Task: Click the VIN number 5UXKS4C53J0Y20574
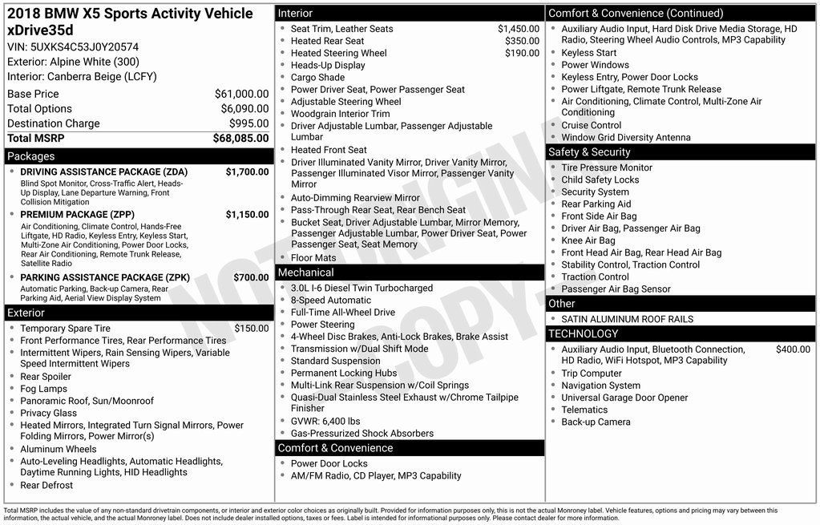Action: pyautogui.click(x=84, y=46)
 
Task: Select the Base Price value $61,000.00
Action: pyautogui.click(x=241, y=94)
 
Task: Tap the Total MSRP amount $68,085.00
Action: pyautogui.click(x=240, y=138)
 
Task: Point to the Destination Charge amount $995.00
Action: pyautogui.click(x=248, y=123)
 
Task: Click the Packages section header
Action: pyautogui.click(x=31, y=156)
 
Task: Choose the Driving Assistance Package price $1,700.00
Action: pyautogui.click(x=247, y=172)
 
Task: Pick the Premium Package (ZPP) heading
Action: pyautogui.click(x=77, y=215)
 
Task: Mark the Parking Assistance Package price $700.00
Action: pyautogui.click(x=251, y=277)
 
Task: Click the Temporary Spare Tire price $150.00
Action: pyautogui.click(x=251, y=329)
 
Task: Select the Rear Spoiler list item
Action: pyautogui.click(x=46, y=377)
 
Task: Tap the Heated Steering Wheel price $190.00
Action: pyautogui.click(x=522, y=53)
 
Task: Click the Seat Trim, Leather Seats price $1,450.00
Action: pyautogui.click(x=518, y=29)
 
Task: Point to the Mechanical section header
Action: pyautogui.click(x=305, y=273)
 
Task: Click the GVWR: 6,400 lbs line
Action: pyautogui.click(x=325, y=421)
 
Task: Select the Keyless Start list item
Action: pyautogui.click(x=589, y=53)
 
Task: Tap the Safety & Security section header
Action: pyautogui.click(x=589, y=152)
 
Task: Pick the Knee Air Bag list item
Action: pyautogui.click(x=588, y=240)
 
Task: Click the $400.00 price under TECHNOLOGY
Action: pyautogui.click(x=793, y=349)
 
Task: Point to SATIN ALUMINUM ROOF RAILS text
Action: pyautogui.click(x=628, y=319)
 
